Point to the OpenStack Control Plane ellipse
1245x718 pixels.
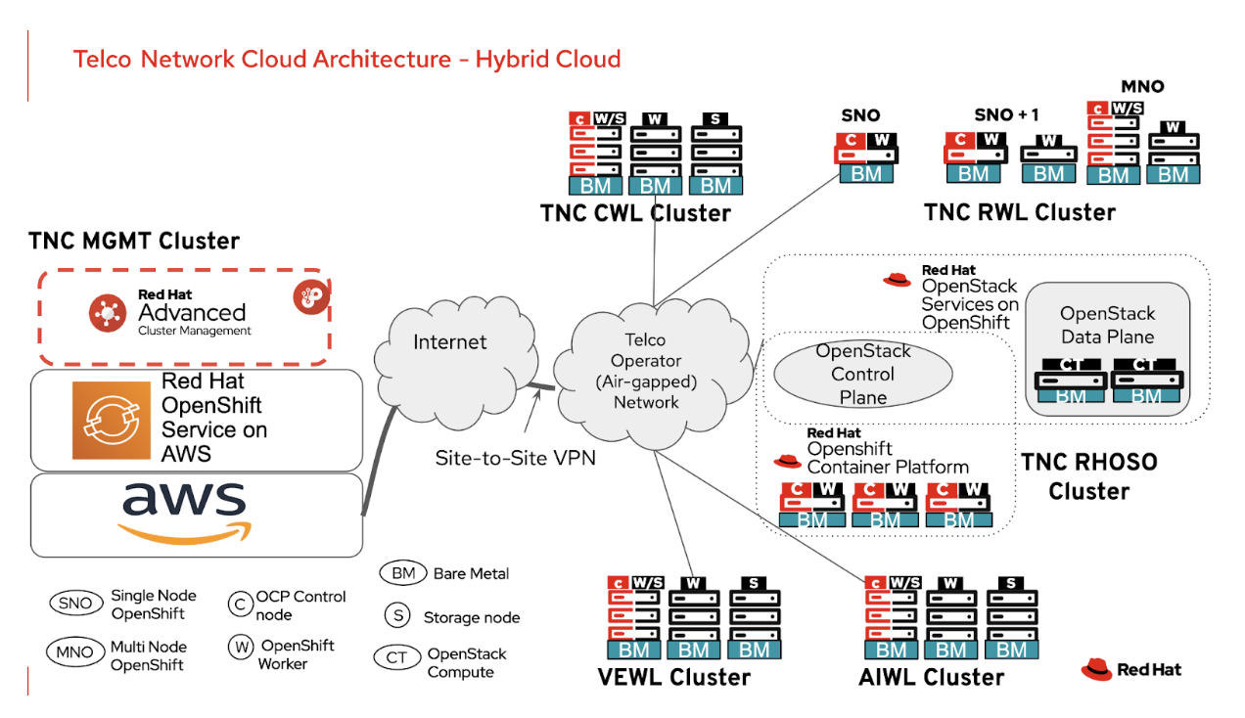click(x=862, y=374)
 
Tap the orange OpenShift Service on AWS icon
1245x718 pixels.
click(x=111, y=420)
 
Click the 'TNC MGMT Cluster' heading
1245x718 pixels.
click(x=134, y=241)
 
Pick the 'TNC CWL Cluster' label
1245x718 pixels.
click(x=635, y=212)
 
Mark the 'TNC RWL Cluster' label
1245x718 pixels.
click(x=1019, y=212)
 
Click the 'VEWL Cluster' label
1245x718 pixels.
click(x=673, y=677)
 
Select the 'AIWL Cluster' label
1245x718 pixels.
click(x=931, y=677)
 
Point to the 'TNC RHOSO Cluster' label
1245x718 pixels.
click(x=1088, y=475)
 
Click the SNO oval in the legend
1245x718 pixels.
click(x=74, y=604)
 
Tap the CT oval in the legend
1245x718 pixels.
click(x=396, y=657)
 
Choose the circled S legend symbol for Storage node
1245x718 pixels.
click(x=396, y=615)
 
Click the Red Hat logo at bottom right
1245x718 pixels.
click(x=1130, y=670)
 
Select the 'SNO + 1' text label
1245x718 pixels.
click(x=1006, y=114)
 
